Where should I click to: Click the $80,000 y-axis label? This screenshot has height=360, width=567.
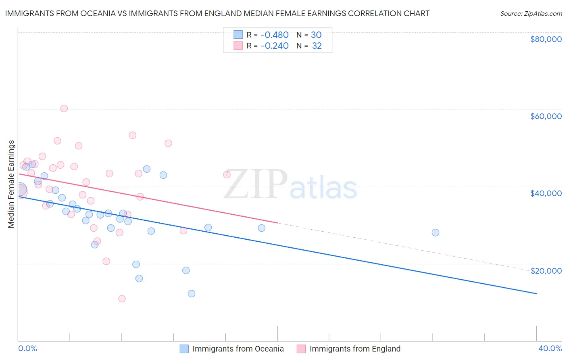(x=546, y=39)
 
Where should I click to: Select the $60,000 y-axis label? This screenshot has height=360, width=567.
(x=546, y=116)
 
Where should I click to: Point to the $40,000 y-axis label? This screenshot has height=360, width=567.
(x=546, y=193)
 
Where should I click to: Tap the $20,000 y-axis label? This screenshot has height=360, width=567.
(x=546, y=270)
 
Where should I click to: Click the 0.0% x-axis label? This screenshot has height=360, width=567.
(x=27, y=348)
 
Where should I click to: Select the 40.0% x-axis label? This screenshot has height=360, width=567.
(x=550, y=348)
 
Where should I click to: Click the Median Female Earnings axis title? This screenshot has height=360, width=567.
(x=11, y=184)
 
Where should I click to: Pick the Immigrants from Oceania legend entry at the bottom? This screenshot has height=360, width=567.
(x=238, y=349)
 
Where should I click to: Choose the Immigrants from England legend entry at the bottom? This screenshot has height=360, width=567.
(x=355, y=349)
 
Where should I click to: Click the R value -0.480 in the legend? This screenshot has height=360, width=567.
(x=275, y=35)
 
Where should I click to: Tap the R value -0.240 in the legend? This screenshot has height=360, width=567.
(x=275, y=46)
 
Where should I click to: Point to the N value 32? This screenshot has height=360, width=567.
(x=317, y=46)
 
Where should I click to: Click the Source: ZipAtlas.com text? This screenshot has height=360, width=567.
(x=531, y=14)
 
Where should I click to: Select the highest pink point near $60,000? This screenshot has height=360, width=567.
(x=64, y=109)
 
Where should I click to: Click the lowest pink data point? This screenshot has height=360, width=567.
(x=122, y=299)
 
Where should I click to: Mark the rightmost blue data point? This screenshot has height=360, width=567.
(x=435, y=232)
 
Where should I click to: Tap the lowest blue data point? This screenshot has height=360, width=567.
(x=192, y=293)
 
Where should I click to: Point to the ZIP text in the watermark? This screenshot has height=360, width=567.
(x=256, y=184)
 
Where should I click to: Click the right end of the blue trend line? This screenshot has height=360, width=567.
(x=536, y=293)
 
